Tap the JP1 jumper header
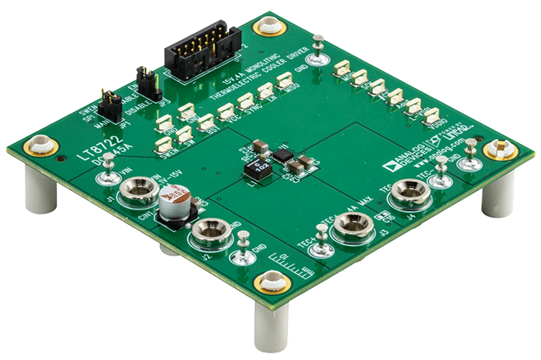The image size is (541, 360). click(x=109, y=104)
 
